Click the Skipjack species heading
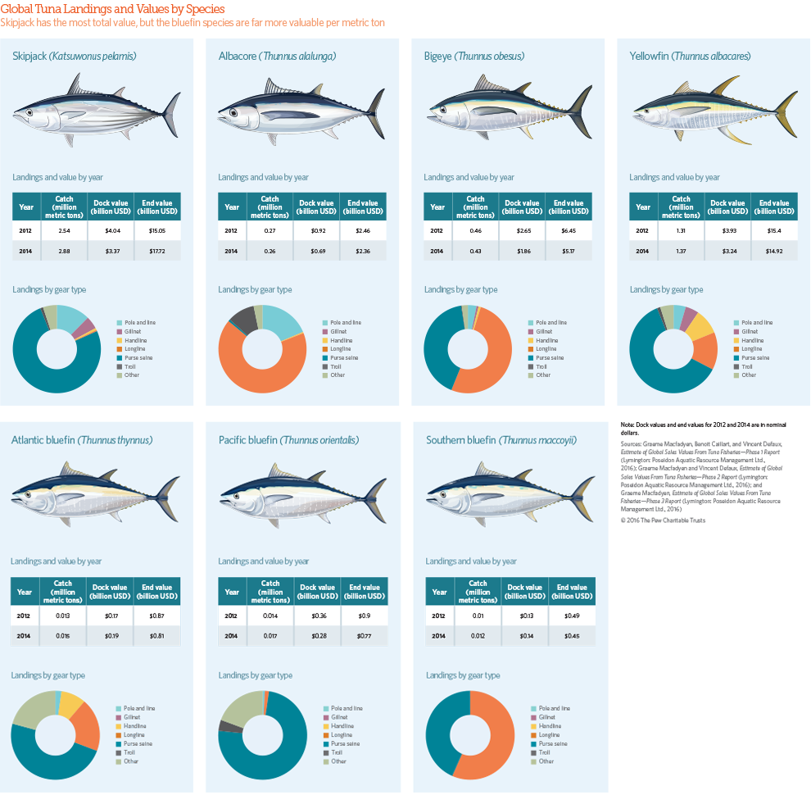[x=75, y=57]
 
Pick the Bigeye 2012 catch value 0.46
[x=475, y=231]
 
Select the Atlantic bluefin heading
[x=82, y=440]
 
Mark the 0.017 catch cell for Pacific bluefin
[x=270, y=635]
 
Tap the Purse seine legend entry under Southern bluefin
[x=553, y=743]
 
